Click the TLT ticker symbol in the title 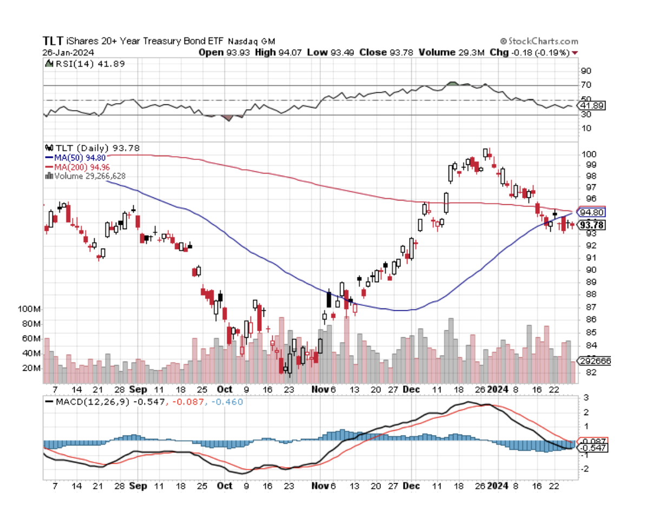(52, 41)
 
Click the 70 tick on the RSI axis (585, 85)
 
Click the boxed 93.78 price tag (591, 224)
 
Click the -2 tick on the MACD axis (585, 469)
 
